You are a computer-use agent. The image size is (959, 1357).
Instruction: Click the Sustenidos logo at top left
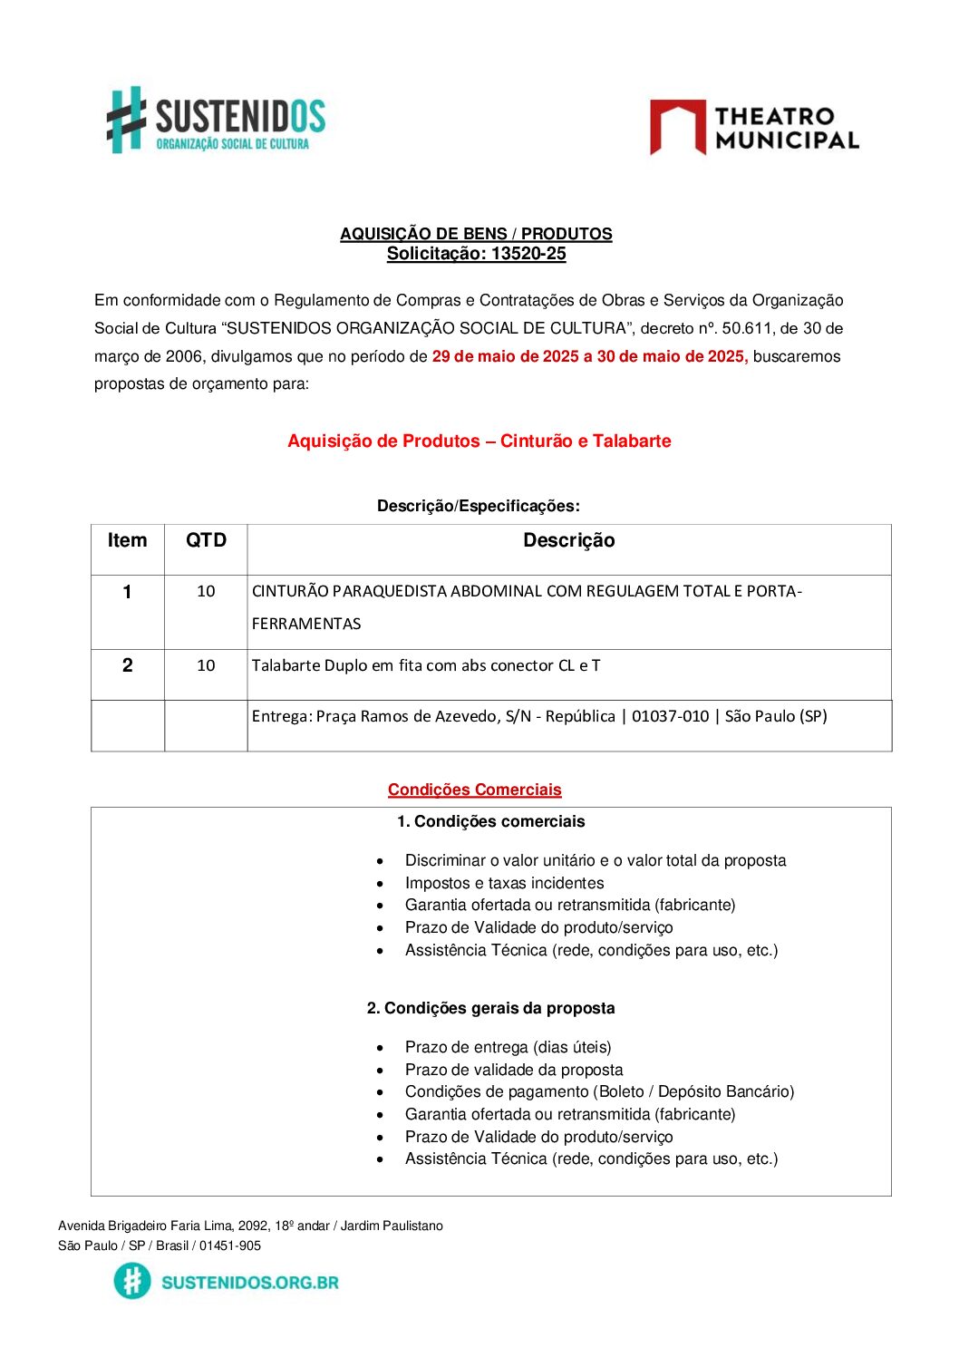click(x=216, y=120)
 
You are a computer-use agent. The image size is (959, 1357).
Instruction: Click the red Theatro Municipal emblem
click(x=677, y=127)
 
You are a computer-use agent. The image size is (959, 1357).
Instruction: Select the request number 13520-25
click(x=528, y=254)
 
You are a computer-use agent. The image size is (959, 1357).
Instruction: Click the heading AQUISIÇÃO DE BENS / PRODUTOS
click(x=476, y=234)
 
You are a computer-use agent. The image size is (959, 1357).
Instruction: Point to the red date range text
click(x=590, y=356)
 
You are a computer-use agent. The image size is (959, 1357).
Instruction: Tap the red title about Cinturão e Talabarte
click(x=479, y=441)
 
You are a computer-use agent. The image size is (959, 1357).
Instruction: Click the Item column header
click(x=127, y=541)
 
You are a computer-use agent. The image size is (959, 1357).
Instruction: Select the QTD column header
click(x=206, y=541)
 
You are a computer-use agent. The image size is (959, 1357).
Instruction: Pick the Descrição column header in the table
click(x=568, y=541)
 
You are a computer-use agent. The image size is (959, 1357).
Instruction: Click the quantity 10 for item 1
click(x=206, y=592)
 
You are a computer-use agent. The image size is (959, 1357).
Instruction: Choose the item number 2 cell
click(x=127, y=665)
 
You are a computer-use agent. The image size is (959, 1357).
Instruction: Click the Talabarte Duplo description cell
click(x=426, y=665)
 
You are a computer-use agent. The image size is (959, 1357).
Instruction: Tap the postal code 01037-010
click(x=670, y=716)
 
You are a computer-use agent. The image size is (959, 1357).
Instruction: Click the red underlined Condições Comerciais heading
click(x=474, y=790)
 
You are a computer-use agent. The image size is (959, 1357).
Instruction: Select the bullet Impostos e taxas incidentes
click(x=504, y=883)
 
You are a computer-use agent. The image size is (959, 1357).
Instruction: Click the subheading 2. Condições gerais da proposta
click(x=490, y=1008)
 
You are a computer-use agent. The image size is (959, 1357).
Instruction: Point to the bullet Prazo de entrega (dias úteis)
click(x=508, y=1047)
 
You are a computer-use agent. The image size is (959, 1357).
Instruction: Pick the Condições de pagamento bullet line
click(x=599, y=1091)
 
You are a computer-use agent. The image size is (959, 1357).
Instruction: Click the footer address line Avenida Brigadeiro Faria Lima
click(x=250, y=1226)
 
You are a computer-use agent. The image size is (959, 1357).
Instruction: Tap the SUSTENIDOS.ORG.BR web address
click(x=249, y=1282)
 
